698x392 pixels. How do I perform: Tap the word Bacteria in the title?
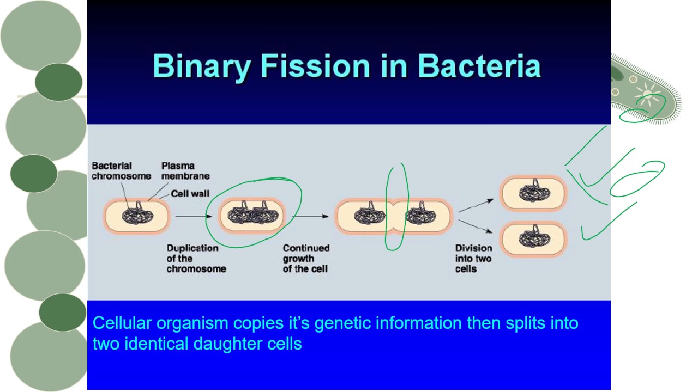coord(479,66)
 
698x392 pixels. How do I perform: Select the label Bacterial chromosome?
coord(121,170)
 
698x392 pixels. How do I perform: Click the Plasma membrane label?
coord(185,170)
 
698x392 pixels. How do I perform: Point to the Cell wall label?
coord(190,193)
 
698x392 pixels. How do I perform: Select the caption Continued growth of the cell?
coord(306,258)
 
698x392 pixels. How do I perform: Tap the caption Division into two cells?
coord(473,258)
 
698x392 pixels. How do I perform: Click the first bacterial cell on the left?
coord(137,216)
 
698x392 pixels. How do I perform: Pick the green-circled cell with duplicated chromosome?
coord(252,215)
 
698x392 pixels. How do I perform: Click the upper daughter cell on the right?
coord(534,193)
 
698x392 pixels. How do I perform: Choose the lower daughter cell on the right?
coord(534,238)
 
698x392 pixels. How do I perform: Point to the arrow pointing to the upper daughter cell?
coord(476,205)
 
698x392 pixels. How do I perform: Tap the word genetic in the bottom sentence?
coord(347,323)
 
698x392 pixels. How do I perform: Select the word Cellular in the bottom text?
coord(122,323)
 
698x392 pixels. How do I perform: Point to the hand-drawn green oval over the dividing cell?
coord(397,207)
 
